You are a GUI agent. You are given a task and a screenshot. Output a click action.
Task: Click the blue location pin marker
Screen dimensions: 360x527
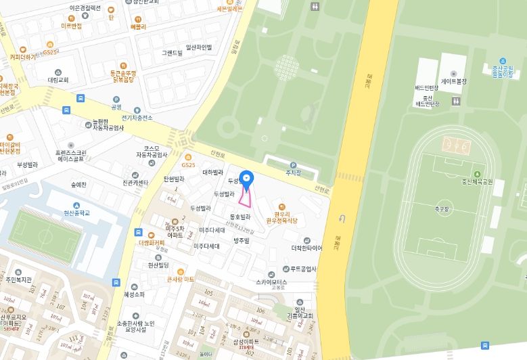pyautogui.click(x=247, y=179)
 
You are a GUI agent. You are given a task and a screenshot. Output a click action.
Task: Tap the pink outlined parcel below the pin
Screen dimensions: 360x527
pyautogui.click(x=246, y=197)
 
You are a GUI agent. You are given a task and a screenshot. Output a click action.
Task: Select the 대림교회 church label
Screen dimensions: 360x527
pyautogui.click(x=58, y=80)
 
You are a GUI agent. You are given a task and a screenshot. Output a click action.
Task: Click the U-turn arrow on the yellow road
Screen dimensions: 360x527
pyautogui.click(x=342, y=219)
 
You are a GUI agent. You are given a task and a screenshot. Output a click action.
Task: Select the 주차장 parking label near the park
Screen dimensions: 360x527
pyautogui.click(x=293, y=172)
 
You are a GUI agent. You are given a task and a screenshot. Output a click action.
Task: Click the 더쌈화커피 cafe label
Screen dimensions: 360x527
pyautogui.click(x=151, y=242)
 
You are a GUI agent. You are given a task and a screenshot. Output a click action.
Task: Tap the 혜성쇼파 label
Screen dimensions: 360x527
pyautogui.click(x=134, y=294)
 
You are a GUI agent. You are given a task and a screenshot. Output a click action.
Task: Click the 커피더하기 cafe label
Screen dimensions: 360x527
pyautogui.click(x=22, y=58)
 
